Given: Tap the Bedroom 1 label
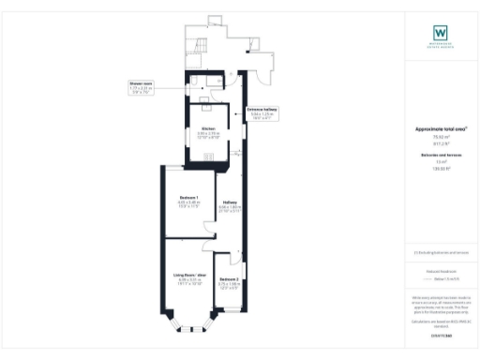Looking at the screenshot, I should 188,199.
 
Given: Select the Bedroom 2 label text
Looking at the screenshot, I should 229,280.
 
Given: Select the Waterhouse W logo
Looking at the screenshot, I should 441,31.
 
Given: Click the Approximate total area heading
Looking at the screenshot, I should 441,128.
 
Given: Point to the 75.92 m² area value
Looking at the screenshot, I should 441,137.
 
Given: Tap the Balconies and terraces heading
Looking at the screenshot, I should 441,154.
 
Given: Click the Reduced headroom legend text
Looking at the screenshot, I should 441,270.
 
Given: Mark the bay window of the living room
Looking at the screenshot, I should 190,323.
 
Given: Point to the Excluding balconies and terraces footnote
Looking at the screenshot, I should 441,253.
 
